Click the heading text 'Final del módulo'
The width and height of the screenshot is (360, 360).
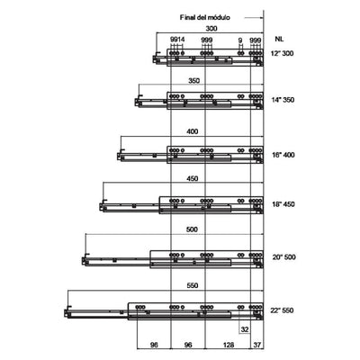[205, 17]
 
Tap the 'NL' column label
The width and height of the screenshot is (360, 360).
[279, 39]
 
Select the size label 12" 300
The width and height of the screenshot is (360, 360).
[283, 54]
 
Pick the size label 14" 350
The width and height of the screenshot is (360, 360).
[283, 100]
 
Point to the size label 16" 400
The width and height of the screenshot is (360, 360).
[283, 155]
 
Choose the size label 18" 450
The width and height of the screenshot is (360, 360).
[283, 204]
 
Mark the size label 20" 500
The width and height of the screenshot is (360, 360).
[283, 257]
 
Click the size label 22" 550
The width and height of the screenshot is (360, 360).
[283, 310]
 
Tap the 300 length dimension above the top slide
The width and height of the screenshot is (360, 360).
[211, 29]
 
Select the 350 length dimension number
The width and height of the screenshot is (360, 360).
[193, 81]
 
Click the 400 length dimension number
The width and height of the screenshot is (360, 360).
[192, 131]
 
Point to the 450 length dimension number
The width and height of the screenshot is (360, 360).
[192, 178]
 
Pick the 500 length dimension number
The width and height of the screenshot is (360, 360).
[192, 229]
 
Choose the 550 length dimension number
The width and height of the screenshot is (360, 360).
[192, 285]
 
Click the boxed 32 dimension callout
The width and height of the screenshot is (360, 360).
[245, 329]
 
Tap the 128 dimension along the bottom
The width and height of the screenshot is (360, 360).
[229, 345]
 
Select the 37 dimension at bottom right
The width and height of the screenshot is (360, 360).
[257, 345]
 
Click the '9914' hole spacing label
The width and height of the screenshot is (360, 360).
[177, 40]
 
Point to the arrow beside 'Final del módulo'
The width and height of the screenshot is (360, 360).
[254, 18]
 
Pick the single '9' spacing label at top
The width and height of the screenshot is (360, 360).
[240, 40]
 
